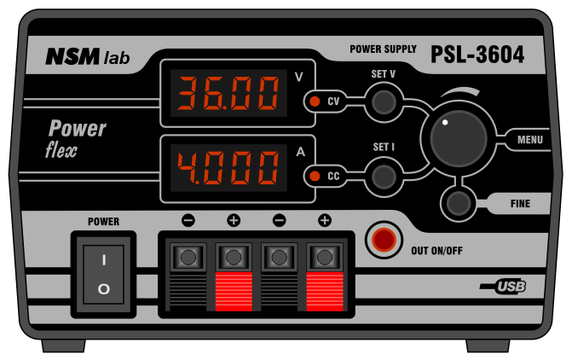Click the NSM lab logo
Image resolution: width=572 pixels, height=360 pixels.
pos(88,57)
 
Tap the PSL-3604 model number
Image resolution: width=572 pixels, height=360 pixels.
pos(477,55)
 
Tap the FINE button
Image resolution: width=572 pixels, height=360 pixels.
pos(459,203)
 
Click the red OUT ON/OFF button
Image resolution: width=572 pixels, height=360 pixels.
pos(384,240)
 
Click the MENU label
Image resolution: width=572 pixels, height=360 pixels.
pos(529,139)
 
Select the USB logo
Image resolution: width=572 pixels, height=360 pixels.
pos(509,287)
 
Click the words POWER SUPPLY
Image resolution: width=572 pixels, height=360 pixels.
pos(383,49)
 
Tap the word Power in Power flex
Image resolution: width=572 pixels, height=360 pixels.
pos(77,129)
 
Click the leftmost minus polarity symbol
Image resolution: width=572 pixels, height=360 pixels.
pos(188,221)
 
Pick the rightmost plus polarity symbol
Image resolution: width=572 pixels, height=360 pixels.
pos(324,221)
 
